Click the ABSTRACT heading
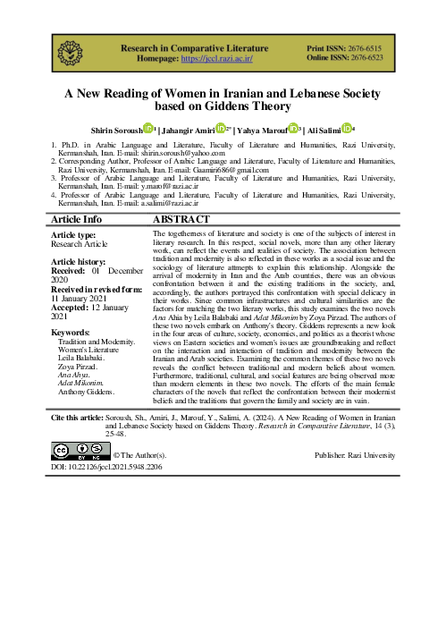pyautogui.click(x=181, y=219)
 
